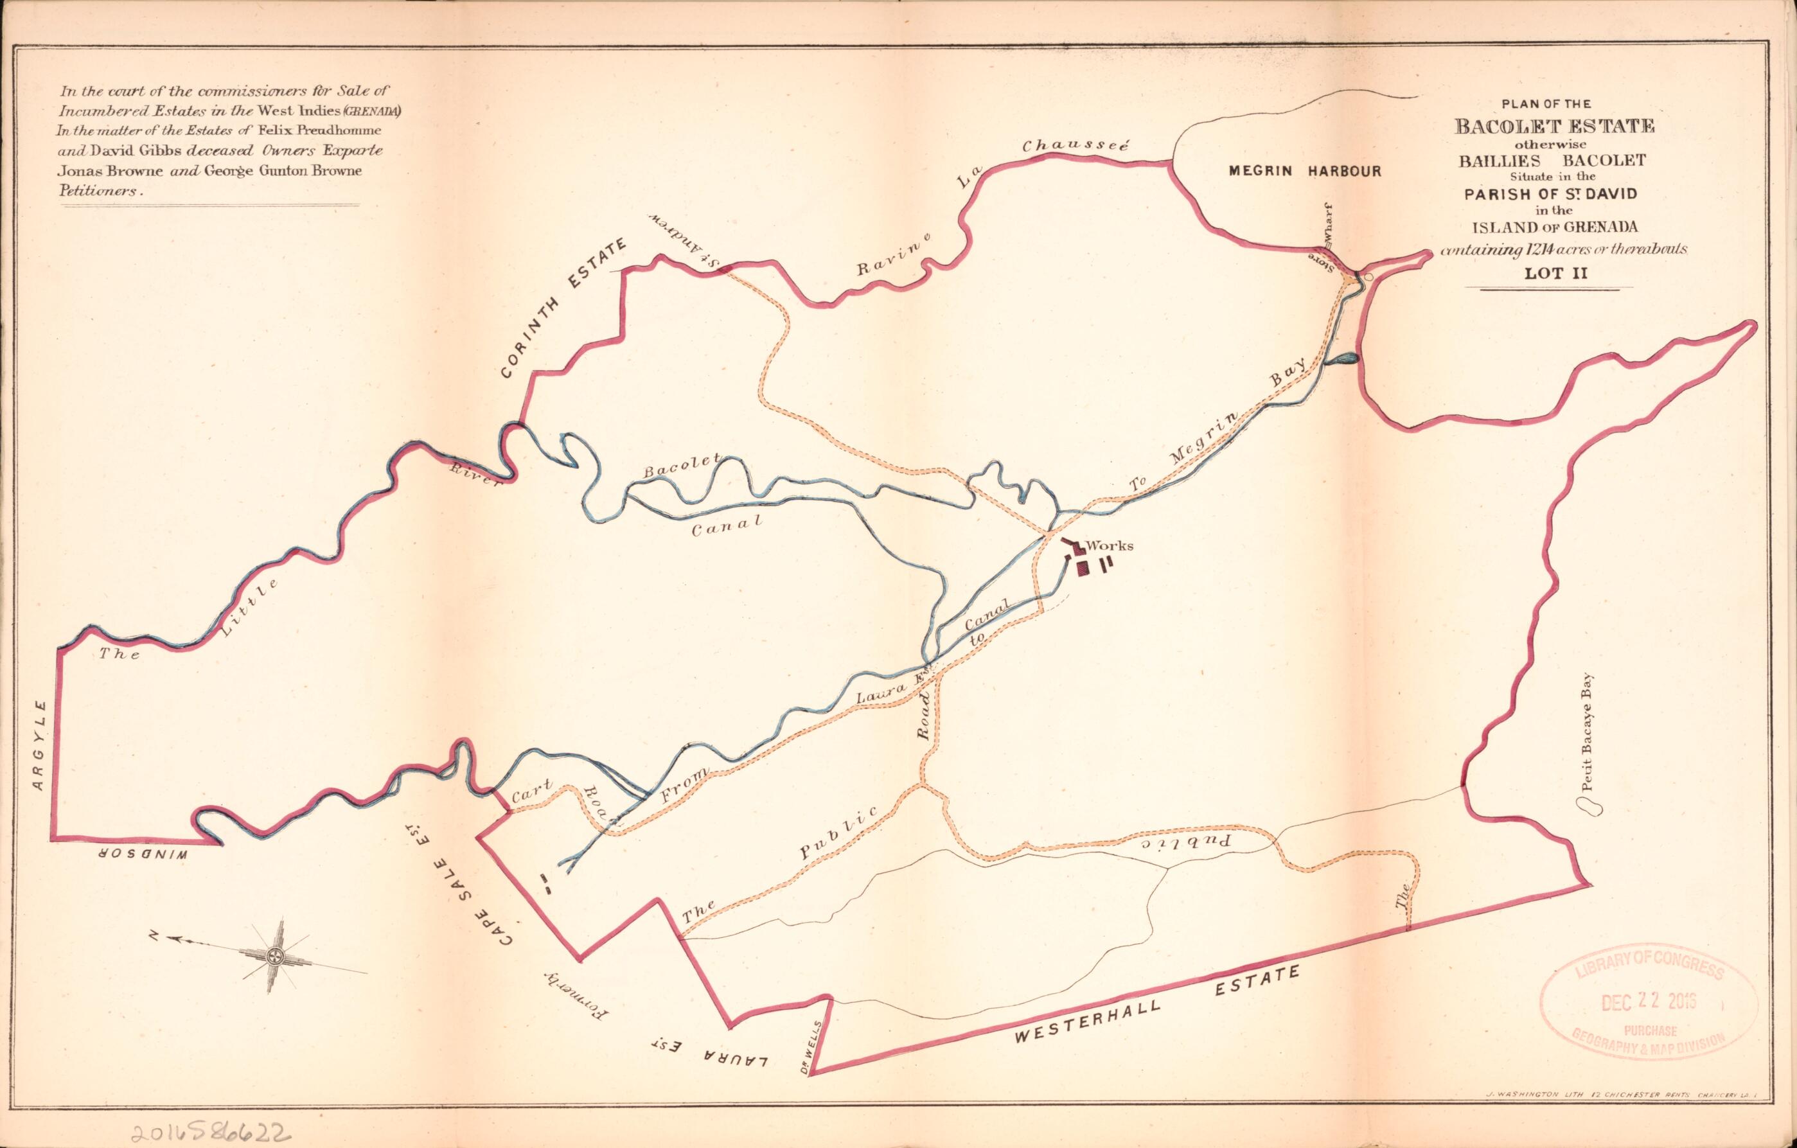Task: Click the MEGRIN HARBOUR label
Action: pos(1304,171)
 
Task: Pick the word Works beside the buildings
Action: pos(1110,545)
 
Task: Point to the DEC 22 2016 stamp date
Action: pos(1648,1000)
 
